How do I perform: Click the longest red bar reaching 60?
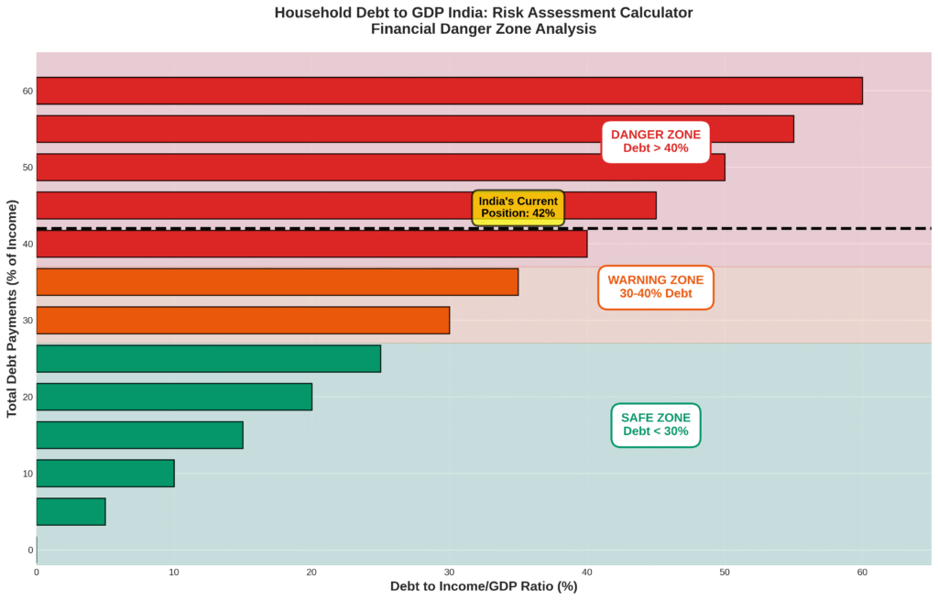point(449,91)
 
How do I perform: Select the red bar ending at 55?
point(414,129)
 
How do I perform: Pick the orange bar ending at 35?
point(277,282)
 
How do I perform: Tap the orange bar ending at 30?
point(243,321)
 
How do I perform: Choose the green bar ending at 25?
point(208,358)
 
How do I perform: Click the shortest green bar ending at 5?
point(71,511)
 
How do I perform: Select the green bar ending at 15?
point(139,435)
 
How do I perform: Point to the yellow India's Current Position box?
point(518,208)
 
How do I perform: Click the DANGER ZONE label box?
point(656,141)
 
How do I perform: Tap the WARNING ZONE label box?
point(656,287)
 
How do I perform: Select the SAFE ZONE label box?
point(656,424)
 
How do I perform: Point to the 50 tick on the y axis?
point(28,168)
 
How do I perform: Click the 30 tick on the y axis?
point(28,321)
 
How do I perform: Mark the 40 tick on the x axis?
point(587,573)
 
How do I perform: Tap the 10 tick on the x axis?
point(174,573)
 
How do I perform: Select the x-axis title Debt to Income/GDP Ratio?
point(484,586)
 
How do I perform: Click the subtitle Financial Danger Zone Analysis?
point(484,28)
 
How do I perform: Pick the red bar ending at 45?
point(346,205)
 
